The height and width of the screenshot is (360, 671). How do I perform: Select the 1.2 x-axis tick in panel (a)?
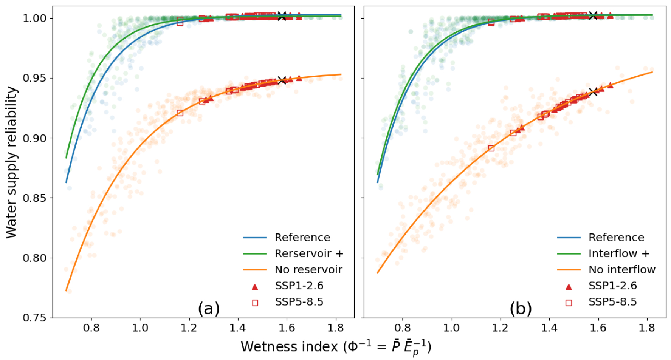coord(189,328)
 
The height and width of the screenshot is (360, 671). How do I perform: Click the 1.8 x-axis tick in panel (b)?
coord(647,328)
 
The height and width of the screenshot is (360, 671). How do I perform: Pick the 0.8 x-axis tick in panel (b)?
coord(403,328)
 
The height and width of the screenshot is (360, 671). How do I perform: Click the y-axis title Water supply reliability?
coord(11,162)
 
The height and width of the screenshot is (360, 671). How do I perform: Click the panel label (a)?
coord(209,309)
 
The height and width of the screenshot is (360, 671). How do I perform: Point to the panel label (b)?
coord(521,309)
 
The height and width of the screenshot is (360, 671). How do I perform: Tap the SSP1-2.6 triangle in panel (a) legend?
coord(255,287)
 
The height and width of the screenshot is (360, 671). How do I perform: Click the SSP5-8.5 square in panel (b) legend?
coord(569,303)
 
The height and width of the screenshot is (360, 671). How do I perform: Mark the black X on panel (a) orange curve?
coord(282,80)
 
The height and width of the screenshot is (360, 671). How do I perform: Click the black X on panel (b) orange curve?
coord(594,91)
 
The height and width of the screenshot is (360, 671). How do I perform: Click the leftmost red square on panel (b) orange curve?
coord(491,148)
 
